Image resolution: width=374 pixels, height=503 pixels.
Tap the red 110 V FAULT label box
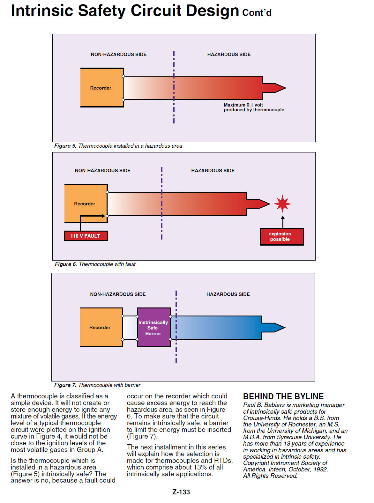pos(86,236)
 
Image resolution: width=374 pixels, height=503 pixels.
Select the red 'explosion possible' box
pos(282,236)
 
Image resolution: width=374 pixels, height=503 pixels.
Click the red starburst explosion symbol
pos(282,203)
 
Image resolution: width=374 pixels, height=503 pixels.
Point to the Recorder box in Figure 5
pos(102,87)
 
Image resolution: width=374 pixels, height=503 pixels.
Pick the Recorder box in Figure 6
pos(86,203)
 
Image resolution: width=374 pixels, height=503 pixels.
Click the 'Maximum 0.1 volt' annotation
pos(243,105)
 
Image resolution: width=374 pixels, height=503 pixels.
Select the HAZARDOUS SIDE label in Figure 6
pos(213,171)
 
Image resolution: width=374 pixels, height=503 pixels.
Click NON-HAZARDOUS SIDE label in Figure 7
pos(118,294)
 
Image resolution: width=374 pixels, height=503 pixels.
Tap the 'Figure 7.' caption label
pos(65,385)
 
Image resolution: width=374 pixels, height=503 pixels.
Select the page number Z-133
pos(181,492)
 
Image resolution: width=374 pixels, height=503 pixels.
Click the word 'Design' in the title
pos(213,11)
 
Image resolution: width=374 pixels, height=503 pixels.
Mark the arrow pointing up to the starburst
pos(282,222)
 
